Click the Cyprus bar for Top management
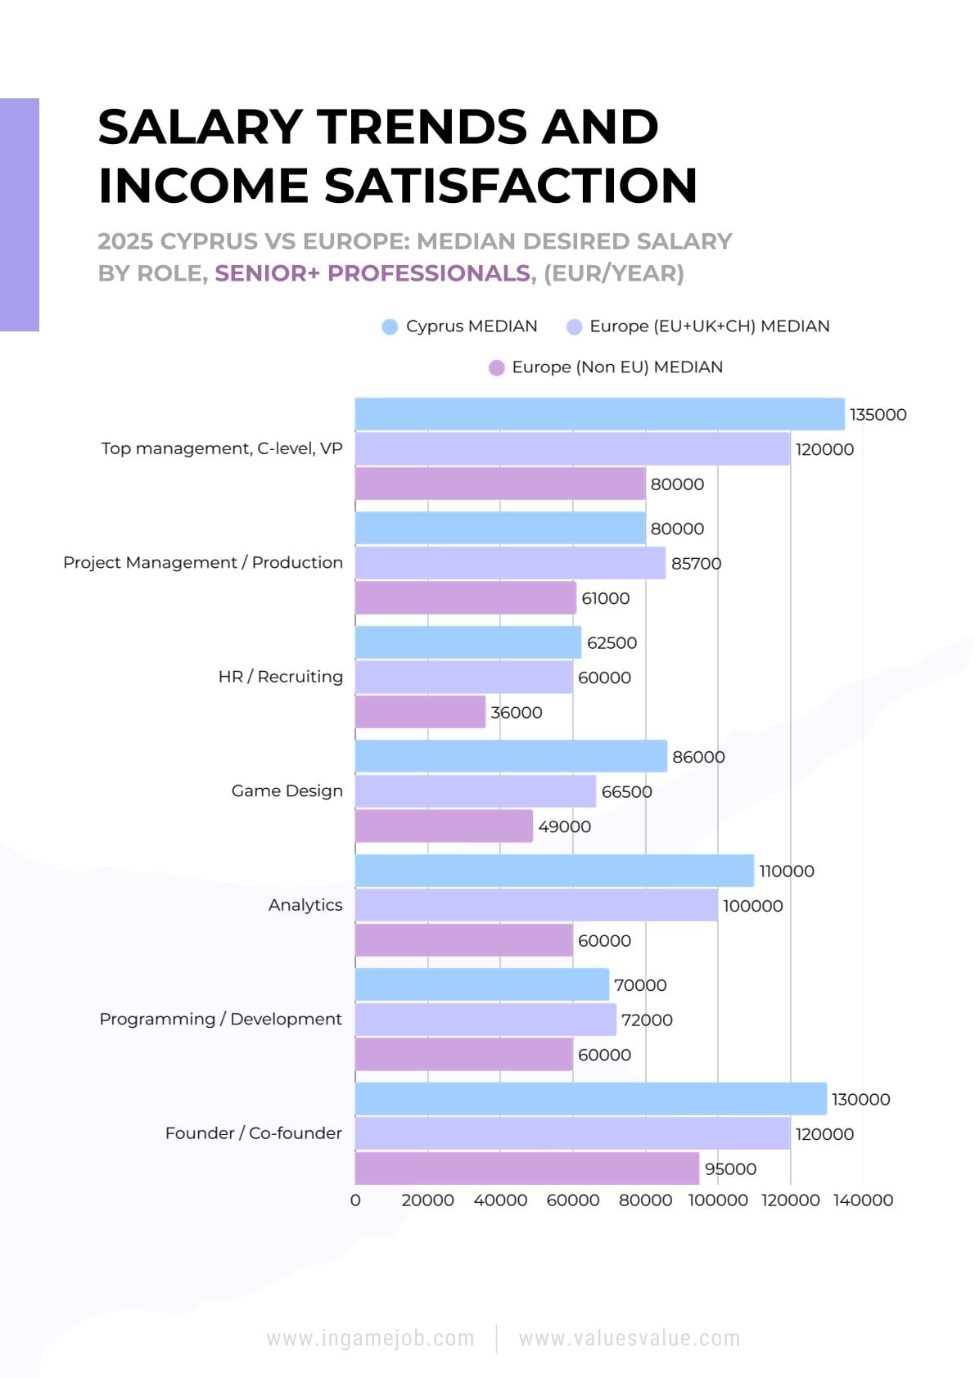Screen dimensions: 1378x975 (599, 414)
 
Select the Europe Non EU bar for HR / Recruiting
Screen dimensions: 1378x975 (420, 712)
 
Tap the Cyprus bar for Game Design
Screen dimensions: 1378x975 (511, 756)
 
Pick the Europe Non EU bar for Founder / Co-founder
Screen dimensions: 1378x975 (526, 1168)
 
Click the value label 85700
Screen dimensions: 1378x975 (696, 564)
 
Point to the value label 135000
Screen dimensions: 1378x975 (878, 415)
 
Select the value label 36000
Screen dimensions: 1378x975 (516, 713)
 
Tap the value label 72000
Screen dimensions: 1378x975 (647, 1020)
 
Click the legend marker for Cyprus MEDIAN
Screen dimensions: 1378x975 (390, 326)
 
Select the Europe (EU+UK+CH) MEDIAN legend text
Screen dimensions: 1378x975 (709, 326)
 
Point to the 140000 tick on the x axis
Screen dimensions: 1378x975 (863, 1200)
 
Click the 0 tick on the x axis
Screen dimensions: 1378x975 (355, 1200)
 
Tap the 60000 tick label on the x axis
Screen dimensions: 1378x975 (572, 1200)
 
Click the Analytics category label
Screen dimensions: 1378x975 (305, 905)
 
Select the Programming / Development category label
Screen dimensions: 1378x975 (221, 1019)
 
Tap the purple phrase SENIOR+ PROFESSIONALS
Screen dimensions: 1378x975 (372, 273)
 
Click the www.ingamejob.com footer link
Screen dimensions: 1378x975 (371, 1339)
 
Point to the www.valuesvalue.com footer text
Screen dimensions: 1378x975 (629, 1339)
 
